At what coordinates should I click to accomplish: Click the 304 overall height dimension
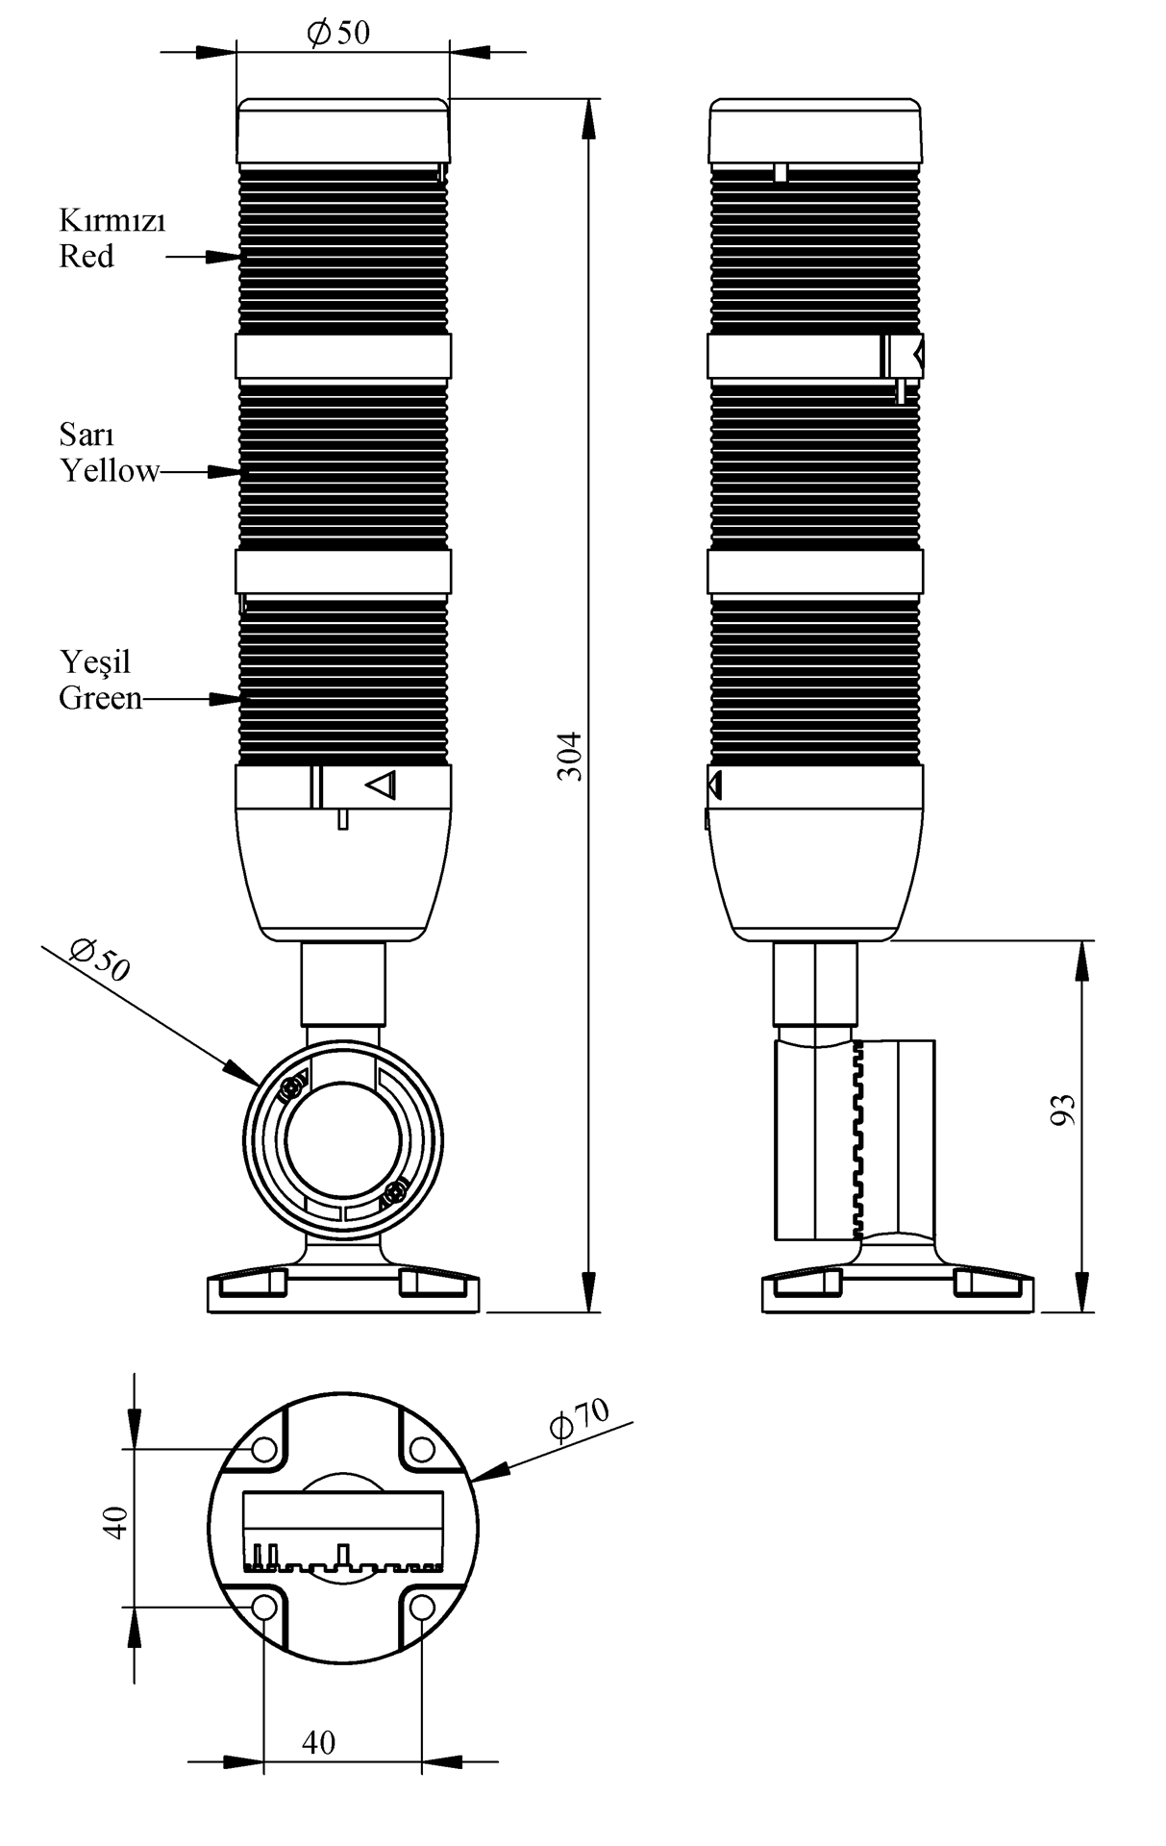pos(571,756)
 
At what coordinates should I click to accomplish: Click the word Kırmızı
pos(112,221)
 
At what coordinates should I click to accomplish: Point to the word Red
pos(87,257)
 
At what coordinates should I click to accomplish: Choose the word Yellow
pos(110,471)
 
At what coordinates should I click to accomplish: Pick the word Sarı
pos(87,435)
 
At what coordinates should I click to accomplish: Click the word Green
pos(101,698)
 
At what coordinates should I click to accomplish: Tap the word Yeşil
pos(95,662)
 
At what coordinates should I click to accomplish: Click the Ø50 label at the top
pos(338,33)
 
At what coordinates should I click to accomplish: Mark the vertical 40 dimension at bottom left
pos(114,1524)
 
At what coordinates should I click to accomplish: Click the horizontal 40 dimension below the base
pos(319,1742)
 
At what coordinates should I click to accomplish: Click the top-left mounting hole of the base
pos(264,1449)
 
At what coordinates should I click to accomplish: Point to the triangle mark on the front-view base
pos(383,786)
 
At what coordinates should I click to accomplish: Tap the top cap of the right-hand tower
pos(815,131)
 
